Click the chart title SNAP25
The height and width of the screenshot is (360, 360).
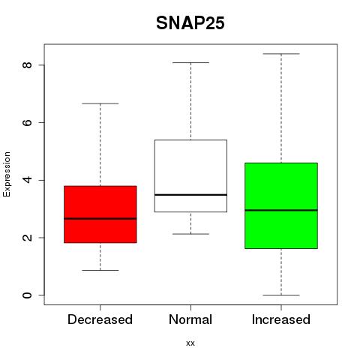(190, 23)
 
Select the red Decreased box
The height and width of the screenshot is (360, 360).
(100, 214)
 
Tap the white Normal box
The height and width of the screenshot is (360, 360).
(190, 175)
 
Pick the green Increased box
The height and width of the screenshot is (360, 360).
(281, 205)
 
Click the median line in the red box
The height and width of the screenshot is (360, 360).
(100, 218)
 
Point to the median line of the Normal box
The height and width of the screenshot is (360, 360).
(190, 194)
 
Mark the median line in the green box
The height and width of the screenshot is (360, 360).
(281, 210)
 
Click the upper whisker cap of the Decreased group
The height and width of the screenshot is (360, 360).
(100, 103)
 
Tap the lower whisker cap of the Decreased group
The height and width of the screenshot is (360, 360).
(100, 270)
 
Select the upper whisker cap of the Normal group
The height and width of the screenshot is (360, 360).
(190, 62)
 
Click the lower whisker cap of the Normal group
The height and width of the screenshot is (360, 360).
(190, 234)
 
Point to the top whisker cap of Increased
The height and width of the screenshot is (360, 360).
(281, 54)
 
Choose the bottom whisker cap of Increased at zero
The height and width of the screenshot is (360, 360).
(281, 295)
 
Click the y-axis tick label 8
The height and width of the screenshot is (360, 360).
(27, 65)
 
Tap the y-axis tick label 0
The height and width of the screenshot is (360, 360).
(27, 295)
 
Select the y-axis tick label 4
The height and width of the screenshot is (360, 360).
(27, 180)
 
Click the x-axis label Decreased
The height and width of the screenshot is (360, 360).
(100, 319)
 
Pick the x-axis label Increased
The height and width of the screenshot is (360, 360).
(281, 319)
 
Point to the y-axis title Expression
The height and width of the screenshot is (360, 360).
(7, 174)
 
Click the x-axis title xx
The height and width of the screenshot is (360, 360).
(190, 343)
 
